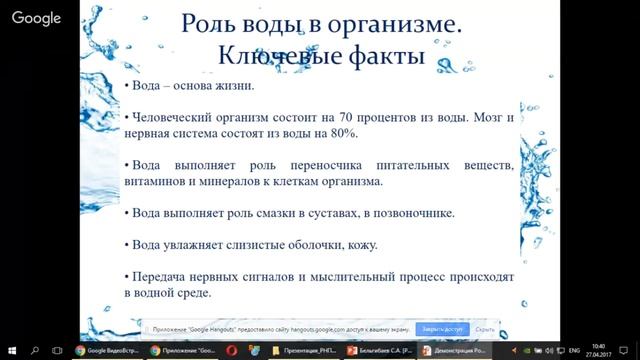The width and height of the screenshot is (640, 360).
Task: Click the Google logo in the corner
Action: (x=37, y=18)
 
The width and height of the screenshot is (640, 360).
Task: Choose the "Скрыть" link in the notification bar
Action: (x=486, y=328)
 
